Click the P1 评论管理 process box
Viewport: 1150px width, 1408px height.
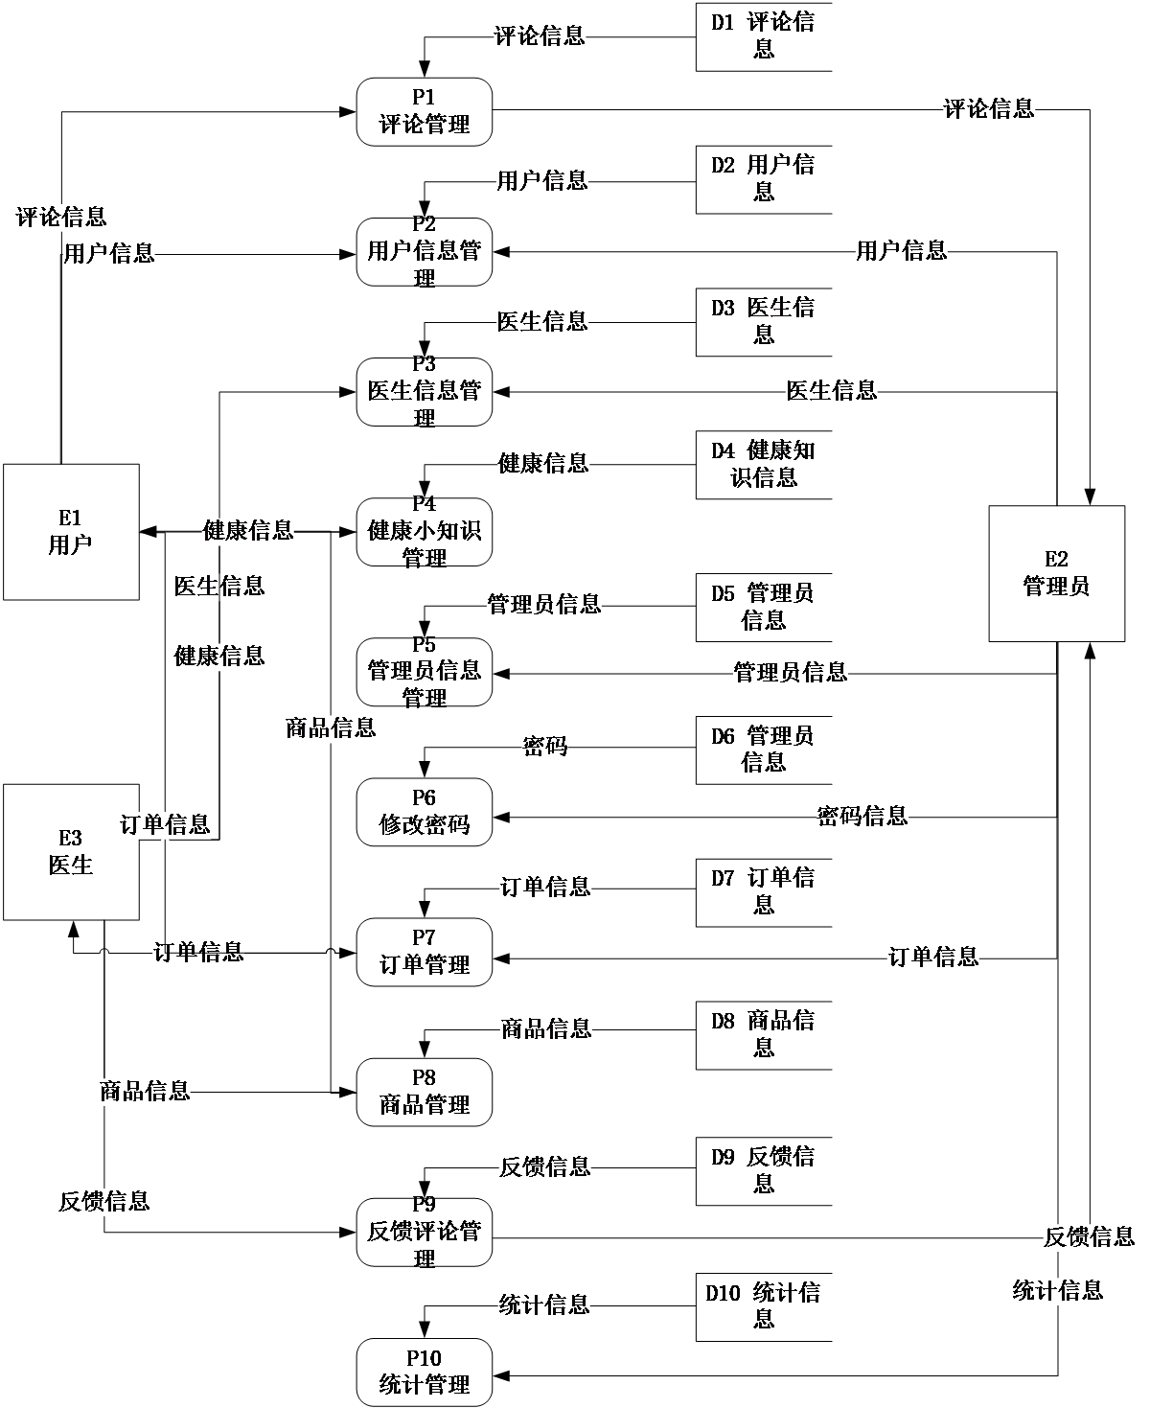424,111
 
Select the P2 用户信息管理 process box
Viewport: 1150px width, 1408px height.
424,251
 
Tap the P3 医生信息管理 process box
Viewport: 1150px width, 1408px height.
424,391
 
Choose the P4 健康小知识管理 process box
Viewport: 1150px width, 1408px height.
424,531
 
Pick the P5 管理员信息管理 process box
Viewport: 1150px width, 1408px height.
424,671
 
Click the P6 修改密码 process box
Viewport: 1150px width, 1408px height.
424,812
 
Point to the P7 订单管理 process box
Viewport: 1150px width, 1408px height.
424,952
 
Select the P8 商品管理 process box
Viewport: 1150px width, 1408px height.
424,1092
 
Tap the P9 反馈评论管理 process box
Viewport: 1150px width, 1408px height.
424,1232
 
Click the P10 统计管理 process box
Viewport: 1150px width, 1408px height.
424,1372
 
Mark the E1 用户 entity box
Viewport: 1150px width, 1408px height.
71,532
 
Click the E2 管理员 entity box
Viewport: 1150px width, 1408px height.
1056,573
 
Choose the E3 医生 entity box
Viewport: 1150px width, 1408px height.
71,852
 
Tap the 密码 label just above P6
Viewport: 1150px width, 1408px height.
544,746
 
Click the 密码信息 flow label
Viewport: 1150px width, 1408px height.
862,817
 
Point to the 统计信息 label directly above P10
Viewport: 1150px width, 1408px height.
543,1304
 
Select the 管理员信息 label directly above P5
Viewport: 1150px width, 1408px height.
543,604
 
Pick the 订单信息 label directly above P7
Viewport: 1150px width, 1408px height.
545,887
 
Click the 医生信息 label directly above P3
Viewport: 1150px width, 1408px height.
542,321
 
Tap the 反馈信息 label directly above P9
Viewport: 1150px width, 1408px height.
544,1166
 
